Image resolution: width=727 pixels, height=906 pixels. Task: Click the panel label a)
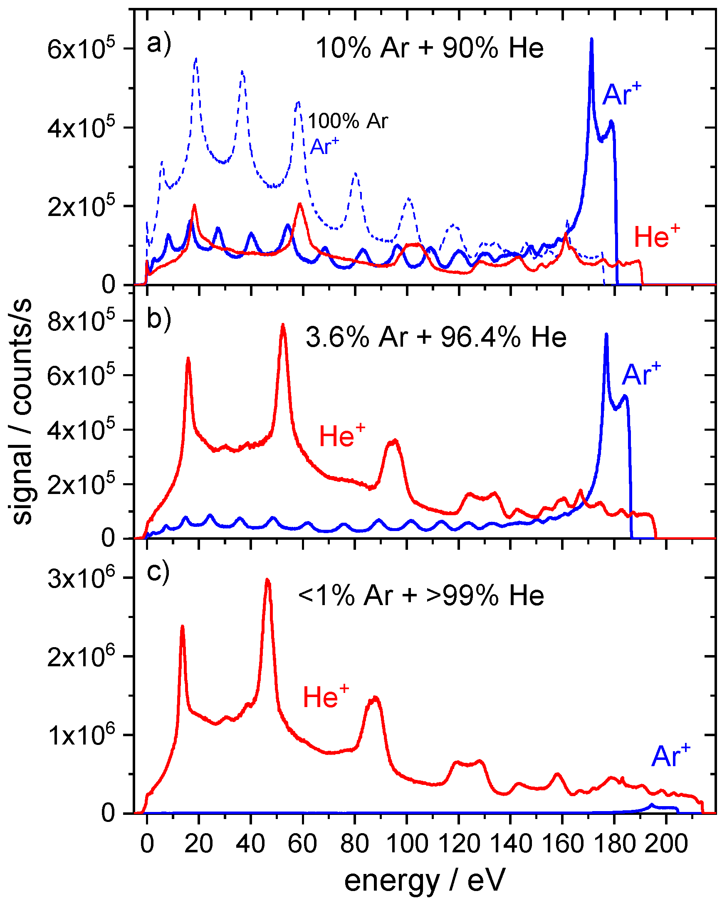click(159, 43)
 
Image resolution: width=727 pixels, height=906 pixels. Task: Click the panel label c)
click(158, 571)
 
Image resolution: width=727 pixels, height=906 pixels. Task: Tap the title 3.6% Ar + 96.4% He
click(436, 337)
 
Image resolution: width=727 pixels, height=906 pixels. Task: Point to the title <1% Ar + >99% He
click(421, 596)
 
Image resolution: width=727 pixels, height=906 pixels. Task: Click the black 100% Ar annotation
click(348, 122)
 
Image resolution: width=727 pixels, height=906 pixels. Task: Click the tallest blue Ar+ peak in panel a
click(591, 40)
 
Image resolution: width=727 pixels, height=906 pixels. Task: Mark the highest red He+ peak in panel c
click(267, 581)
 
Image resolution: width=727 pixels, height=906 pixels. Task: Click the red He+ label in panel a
click(656, 236)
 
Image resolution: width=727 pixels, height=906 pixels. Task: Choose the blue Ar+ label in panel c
click(671, 756)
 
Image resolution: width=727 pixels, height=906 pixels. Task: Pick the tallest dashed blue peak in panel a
click(196, 60)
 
